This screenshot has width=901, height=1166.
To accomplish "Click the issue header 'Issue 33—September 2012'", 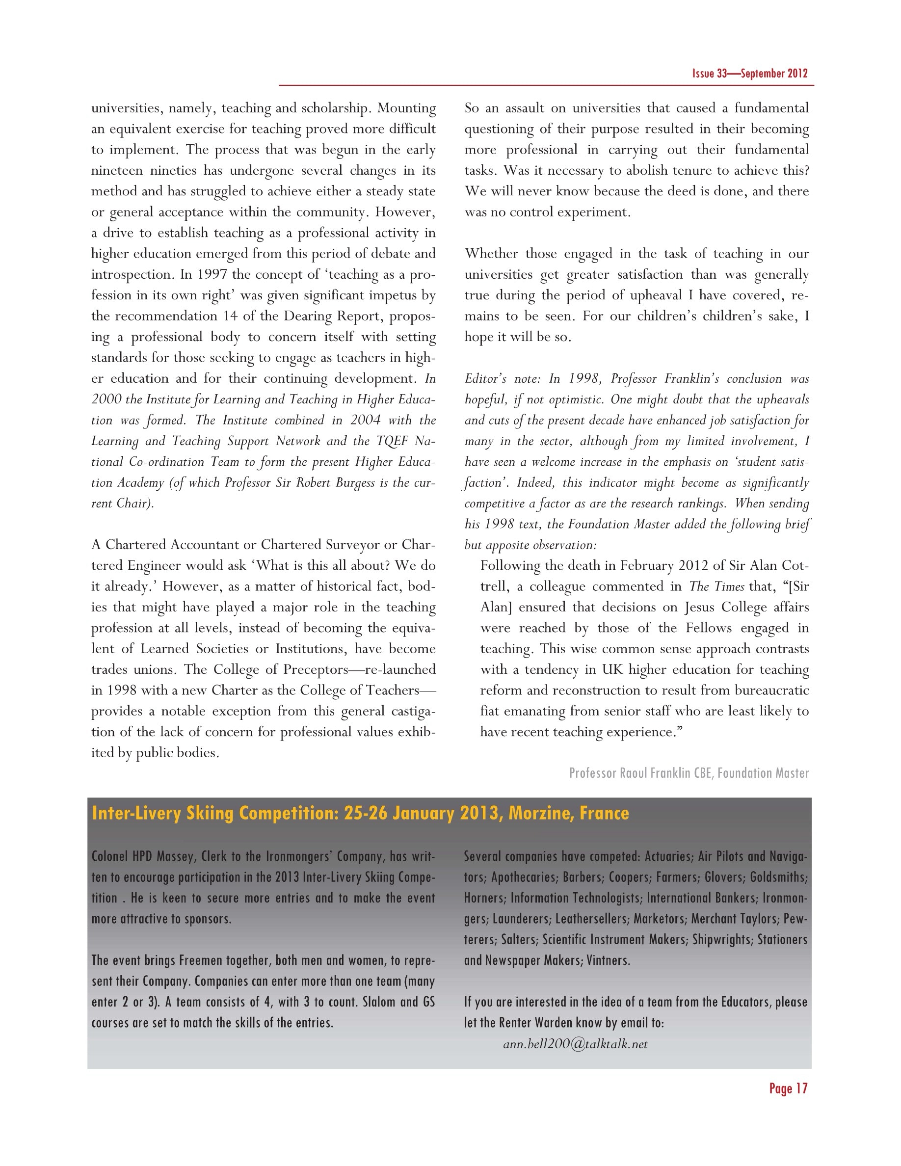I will click(749, 74).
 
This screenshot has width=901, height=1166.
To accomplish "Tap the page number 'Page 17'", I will click(788, 1088).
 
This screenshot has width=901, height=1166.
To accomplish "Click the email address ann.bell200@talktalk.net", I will click(575, 1044).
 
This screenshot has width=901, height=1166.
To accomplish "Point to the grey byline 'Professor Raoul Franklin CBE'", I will click(640, 773).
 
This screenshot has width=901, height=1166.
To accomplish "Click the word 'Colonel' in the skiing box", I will click(110, 856).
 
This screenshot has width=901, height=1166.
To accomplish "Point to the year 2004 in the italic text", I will click(366, 420).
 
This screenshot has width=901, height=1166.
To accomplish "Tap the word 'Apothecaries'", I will click(523, 877).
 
